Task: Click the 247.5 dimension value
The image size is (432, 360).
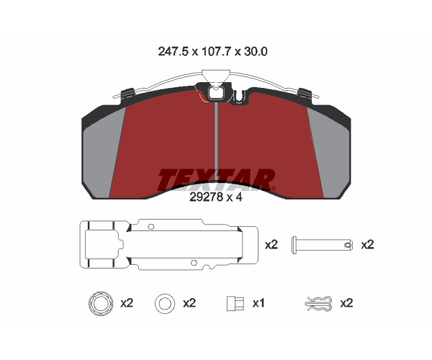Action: (174, 52)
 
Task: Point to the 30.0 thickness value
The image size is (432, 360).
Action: (256, 52)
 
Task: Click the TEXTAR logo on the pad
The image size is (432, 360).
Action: (216, 180)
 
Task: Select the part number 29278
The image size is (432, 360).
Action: (206, 197)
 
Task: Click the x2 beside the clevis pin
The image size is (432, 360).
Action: (367, 245)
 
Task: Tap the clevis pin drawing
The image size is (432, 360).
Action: (322, 245)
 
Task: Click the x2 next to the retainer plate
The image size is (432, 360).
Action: (271, 245)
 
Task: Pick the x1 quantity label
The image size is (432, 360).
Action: (258, 303)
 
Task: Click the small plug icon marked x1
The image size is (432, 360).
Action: (235, 304)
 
